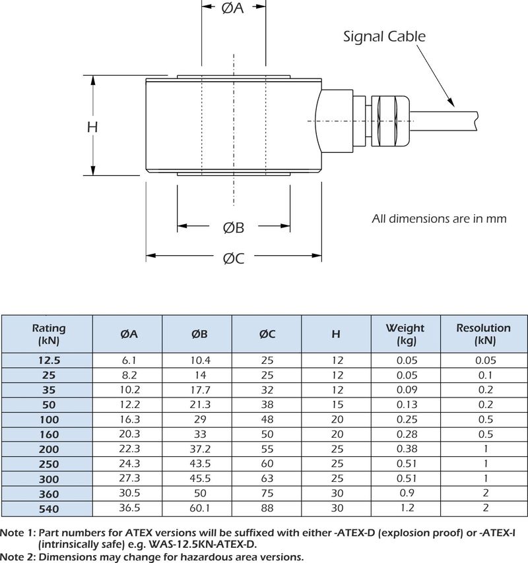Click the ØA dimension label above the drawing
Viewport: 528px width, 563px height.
233,9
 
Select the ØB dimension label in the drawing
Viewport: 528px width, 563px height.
233,227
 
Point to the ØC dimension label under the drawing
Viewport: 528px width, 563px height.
233,258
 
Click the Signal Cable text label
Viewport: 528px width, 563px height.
384,36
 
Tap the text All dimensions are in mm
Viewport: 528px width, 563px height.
439,218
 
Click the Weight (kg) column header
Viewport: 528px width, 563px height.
405,334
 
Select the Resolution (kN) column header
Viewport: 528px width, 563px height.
484,334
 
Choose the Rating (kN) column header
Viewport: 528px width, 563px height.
49,334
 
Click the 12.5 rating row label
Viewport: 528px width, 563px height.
49,360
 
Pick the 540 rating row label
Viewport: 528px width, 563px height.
49,508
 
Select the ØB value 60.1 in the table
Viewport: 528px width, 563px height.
199,508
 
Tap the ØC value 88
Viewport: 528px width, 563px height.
267,508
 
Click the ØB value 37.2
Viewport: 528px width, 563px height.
199,449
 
